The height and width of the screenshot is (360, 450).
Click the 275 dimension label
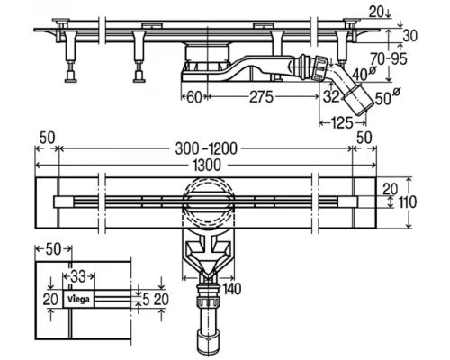click(261, 97)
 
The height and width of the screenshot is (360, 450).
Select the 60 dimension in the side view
click(194, 97)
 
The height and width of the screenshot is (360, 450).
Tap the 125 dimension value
click(342, 123)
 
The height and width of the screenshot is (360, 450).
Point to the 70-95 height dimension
click(389, 58)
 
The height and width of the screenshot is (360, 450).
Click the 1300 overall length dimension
click(207, 166)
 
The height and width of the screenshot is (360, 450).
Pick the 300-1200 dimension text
click(206, 148)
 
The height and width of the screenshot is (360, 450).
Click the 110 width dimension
click(408, 202)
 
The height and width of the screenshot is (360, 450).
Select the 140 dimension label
click(231, 289)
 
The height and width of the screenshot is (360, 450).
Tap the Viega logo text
click(78, 299)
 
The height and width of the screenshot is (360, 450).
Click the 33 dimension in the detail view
click(78, 276)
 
